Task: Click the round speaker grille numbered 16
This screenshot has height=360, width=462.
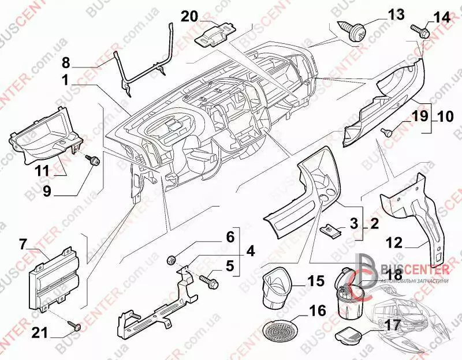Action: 278,331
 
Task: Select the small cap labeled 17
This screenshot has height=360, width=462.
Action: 348,333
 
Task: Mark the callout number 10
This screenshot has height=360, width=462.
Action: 445,117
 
